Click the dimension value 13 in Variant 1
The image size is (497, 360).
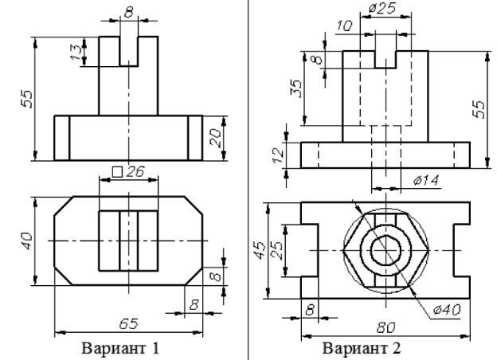[76, 52]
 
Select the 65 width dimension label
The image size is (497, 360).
[129, 324]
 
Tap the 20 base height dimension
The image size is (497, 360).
[216, 138]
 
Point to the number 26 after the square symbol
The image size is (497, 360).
[135, 172]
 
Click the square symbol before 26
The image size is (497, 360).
[117, 172]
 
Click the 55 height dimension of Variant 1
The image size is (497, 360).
[26, 100]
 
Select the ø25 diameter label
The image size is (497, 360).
[382, 8]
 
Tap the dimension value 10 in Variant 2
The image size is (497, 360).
[344, 25]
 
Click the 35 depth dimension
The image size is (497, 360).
[295, 88]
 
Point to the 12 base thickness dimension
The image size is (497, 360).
[278, 155]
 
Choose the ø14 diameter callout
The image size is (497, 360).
[426, 180]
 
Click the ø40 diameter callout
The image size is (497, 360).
[447, 310]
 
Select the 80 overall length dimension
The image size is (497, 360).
[385, 327]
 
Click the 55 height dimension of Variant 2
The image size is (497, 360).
[479, 109]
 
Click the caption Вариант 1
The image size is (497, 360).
[120, 348]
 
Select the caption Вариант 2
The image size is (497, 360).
[362, 348]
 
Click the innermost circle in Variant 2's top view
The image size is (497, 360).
[385, 236]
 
